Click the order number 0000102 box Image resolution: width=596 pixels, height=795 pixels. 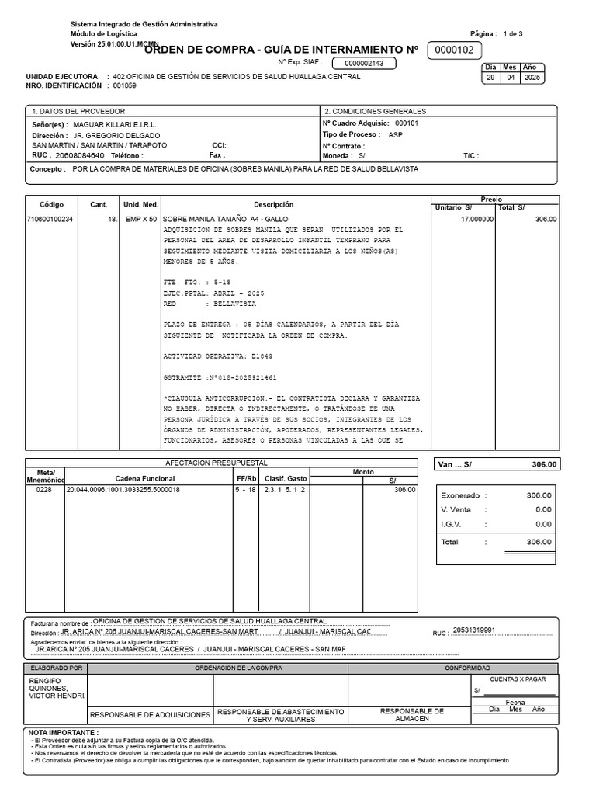click(455, 50)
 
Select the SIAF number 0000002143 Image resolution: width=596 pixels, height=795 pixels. click(364, 64)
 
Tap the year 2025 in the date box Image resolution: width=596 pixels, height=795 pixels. click(533, 78)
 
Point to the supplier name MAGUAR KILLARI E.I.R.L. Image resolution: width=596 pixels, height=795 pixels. click(106, 124)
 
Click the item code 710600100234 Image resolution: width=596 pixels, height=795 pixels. click(50, 220)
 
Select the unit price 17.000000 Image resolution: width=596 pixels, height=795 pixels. click(476, 220)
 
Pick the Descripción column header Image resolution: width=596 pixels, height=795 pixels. click(273, 204)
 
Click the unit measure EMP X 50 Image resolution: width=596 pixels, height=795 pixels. click(140, 220)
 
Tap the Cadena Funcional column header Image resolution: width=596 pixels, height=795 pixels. click(146, 478)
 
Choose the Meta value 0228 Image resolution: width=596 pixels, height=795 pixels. click(43, 490)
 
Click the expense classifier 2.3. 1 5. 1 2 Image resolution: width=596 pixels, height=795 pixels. click(285, 490)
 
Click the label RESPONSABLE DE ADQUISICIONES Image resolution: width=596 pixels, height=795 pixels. click(151, 714)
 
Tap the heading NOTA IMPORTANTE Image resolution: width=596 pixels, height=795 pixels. click(64, 732)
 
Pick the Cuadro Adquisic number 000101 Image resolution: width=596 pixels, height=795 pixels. click(407, 123)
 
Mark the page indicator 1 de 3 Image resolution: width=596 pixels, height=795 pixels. click(513, 34)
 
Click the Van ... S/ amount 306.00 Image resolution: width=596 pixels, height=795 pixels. click(544, 464)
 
